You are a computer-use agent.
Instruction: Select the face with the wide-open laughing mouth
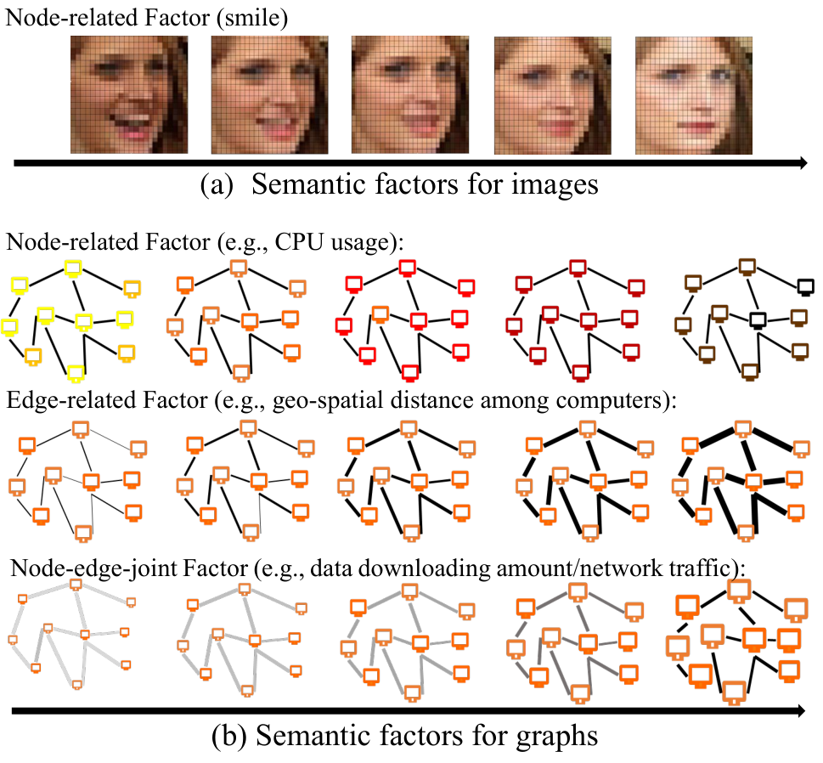(x=129, y=94)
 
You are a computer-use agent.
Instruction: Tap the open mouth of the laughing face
(x=130, y=126)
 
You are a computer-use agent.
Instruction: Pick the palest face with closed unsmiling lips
(x=694, y=95)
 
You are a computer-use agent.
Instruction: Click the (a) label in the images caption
(x=217, y=185)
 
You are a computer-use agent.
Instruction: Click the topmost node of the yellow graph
(x=73, y=268)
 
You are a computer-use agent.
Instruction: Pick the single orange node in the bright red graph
(x=380, y=314)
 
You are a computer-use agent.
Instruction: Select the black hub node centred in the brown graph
(x=758, y=319)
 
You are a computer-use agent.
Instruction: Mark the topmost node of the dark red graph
(x=578, y=268)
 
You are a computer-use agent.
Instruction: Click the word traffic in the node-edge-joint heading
(x=699, y=568)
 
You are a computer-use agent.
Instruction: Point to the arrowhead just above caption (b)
(x=800, y=711)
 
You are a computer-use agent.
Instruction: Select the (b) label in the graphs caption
(x=228, y=736)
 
